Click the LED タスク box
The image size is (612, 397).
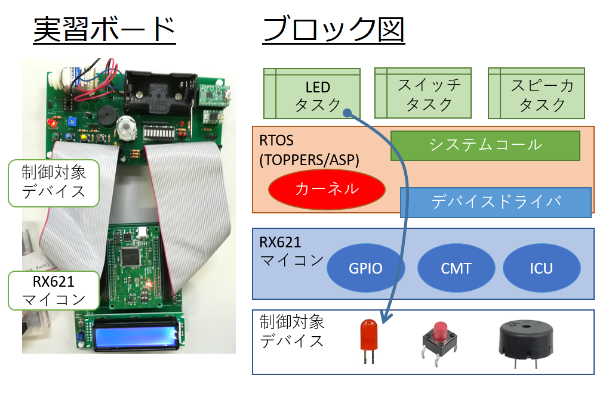point(312,94)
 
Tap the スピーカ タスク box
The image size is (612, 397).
point(536,93)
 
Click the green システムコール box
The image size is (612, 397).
point(485,145)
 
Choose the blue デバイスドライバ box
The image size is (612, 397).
point(496,202)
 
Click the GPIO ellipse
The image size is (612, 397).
point(366,268)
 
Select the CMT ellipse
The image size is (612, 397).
point(456,268)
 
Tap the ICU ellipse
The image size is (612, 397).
point(542,268)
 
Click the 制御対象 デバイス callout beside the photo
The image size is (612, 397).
point(54,182)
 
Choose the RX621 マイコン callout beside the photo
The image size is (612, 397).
point(54,290)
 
